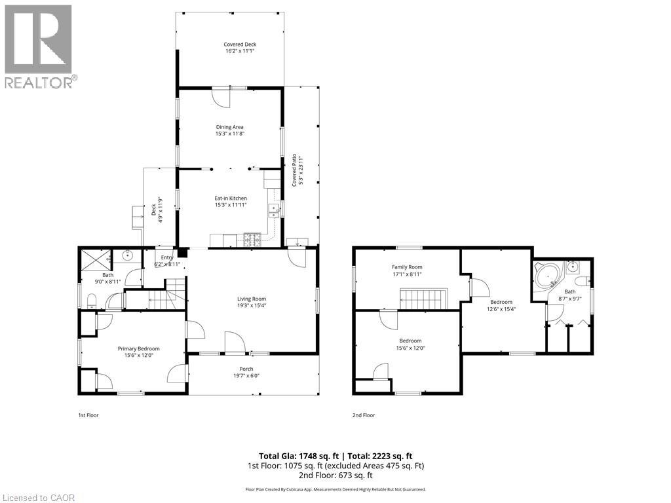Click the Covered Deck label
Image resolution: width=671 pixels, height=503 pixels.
pos(230,45)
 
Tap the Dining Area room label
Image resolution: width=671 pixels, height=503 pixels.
pos(230,127)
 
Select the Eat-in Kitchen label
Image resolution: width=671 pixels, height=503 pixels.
pos(230,198)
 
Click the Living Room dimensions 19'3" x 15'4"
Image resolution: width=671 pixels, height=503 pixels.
pos(252,305)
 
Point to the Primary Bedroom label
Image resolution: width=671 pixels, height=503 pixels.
pos(139,348)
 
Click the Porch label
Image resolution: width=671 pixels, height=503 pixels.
pos(246,369)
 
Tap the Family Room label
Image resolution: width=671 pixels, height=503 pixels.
pos(407,267)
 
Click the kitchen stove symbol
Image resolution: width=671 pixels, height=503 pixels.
pos(252,240)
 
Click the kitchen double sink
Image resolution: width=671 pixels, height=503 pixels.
pos(274,209)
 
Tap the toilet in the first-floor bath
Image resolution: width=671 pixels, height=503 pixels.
pos(91,301)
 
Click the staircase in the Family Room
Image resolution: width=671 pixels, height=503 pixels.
pos(423,300)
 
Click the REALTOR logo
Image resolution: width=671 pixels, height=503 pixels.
pos(39,47)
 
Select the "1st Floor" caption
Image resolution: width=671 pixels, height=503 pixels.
pos(88,415)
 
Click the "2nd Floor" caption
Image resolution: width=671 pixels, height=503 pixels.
pos(364,415)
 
